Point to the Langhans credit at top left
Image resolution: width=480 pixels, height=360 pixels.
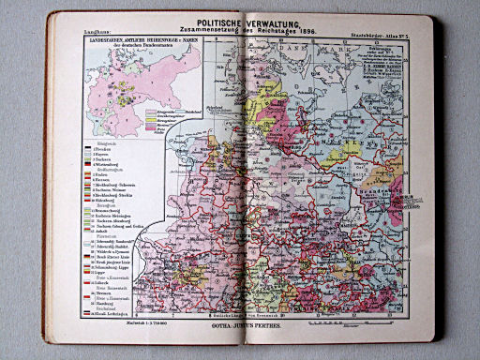point(85,34)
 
